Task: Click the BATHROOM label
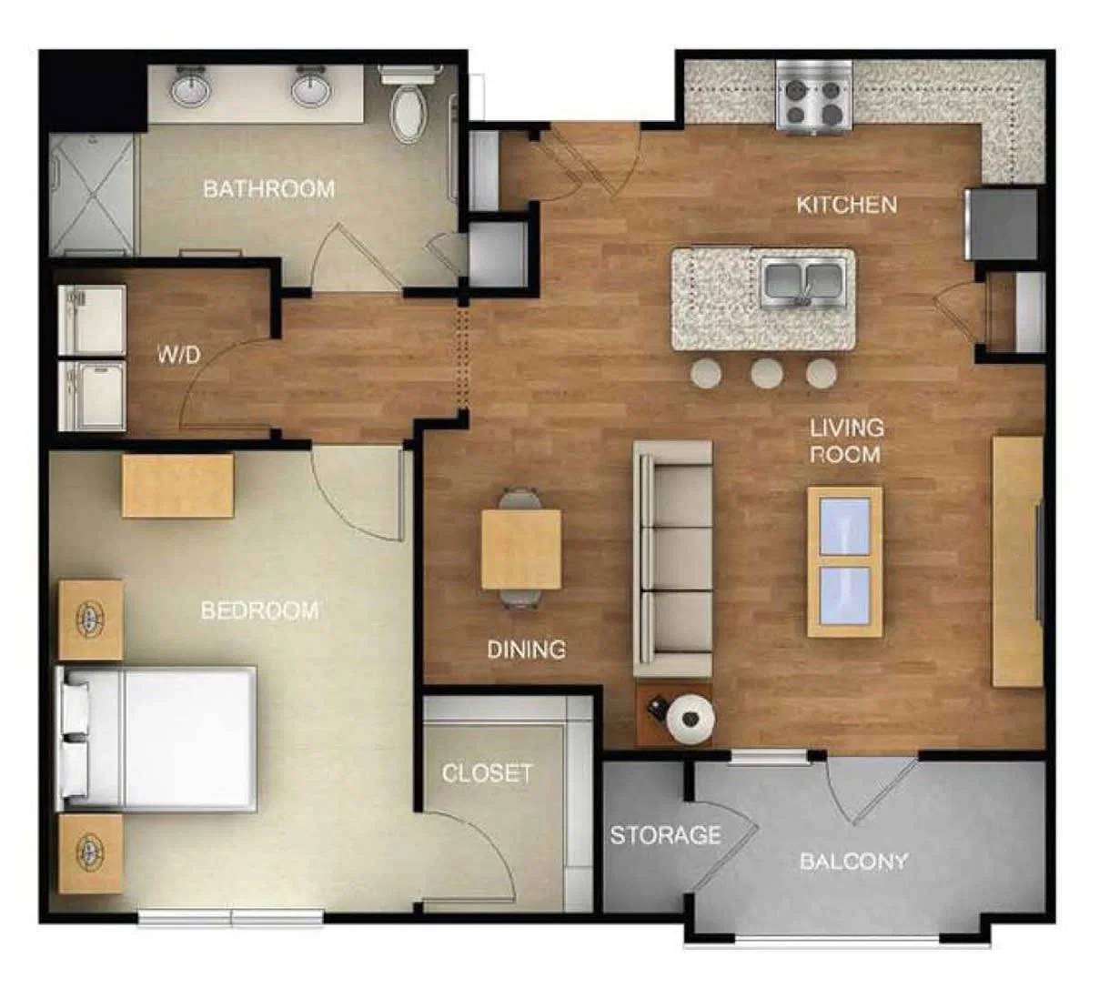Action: [268, 189]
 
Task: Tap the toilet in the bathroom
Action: [409, 103]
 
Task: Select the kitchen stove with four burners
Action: [814, 96]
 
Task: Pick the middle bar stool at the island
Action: [766, 374]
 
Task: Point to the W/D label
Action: [179, 356]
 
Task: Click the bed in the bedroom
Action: [156, 739]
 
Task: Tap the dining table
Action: [521, 549]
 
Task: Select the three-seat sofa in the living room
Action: [672, 559]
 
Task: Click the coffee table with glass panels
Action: [845, 561]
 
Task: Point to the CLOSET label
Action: [487, 773]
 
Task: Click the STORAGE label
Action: [665, 835]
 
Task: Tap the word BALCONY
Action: [854, 862]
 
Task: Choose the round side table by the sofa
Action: [691, 718]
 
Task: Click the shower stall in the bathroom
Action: [92, 196]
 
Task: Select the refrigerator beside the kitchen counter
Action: [1003, 224]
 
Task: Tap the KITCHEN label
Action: [846, 205]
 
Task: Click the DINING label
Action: [526, 650]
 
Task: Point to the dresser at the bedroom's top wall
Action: [178, 486]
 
